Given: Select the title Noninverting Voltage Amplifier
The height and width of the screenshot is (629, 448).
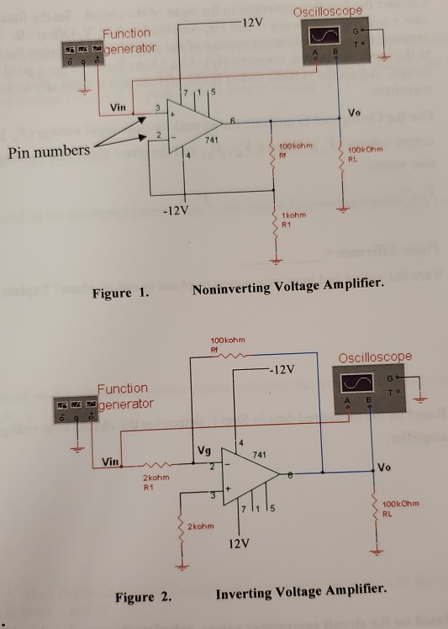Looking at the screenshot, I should point(288,290).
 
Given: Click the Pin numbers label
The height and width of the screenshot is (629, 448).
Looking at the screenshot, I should point(48,152).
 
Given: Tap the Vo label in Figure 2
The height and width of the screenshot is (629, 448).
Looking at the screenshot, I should point(385,467).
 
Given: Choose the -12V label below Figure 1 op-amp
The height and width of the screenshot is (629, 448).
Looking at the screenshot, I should point(177,208).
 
